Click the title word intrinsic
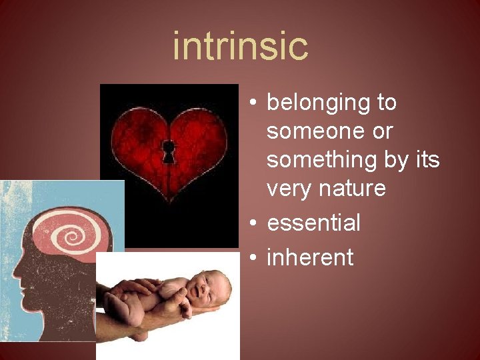pos(240,45)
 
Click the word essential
pos(313,223)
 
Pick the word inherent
pos(310,257)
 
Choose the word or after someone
pos(382,132)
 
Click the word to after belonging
pos(385,103)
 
